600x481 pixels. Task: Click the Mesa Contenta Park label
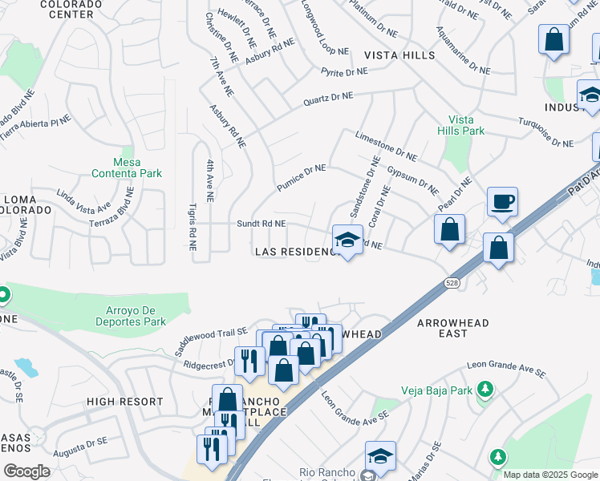(127, 167)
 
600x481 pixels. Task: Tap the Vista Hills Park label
(461, 124)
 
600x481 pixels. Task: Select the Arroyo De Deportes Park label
(124, 315)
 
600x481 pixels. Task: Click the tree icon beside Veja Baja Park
(484, 390)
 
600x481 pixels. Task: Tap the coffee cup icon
(502, 202)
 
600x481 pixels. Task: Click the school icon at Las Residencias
(347, 240)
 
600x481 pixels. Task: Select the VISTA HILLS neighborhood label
(399, 55)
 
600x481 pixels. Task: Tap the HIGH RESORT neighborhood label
(124, 402)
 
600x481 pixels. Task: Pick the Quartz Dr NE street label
(327, 99)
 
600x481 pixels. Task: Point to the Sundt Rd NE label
(261, 224)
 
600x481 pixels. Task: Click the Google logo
(27, 471)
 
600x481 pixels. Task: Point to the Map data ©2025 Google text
(549, 475)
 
